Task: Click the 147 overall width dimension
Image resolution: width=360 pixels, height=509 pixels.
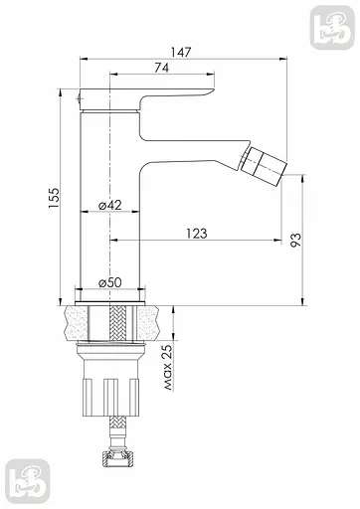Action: (181, 53)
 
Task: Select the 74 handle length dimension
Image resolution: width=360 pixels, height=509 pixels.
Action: (162, 68)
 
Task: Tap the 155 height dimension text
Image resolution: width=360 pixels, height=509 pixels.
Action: (54, 198)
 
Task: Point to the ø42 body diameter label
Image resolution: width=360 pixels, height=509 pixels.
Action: (110, 206)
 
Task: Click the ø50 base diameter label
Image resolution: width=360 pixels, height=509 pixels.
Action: (110, 282)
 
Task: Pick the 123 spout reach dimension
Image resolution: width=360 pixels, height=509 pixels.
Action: (196, 234)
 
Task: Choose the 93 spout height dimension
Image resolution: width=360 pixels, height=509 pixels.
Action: (296, 240)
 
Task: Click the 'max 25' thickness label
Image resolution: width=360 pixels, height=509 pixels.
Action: (168, 367)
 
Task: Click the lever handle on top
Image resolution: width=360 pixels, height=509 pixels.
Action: (146, 99)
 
